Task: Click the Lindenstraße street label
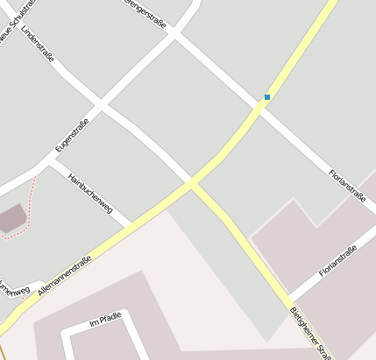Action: tap(38, 43)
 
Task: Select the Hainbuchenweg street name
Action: tap(89, 192)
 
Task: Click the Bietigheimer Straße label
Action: tap(310, 333)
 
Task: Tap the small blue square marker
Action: tap(267, 96)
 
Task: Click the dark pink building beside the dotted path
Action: tap(11, 218)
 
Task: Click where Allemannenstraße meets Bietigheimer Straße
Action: tap(192, 182)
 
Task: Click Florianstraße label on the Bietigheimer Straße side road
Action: tap(337, 262)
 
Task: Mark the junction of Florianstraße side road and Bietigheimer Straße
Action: tap(290, 296)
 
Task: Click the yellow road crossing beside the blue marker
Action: tap(260, 106)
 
